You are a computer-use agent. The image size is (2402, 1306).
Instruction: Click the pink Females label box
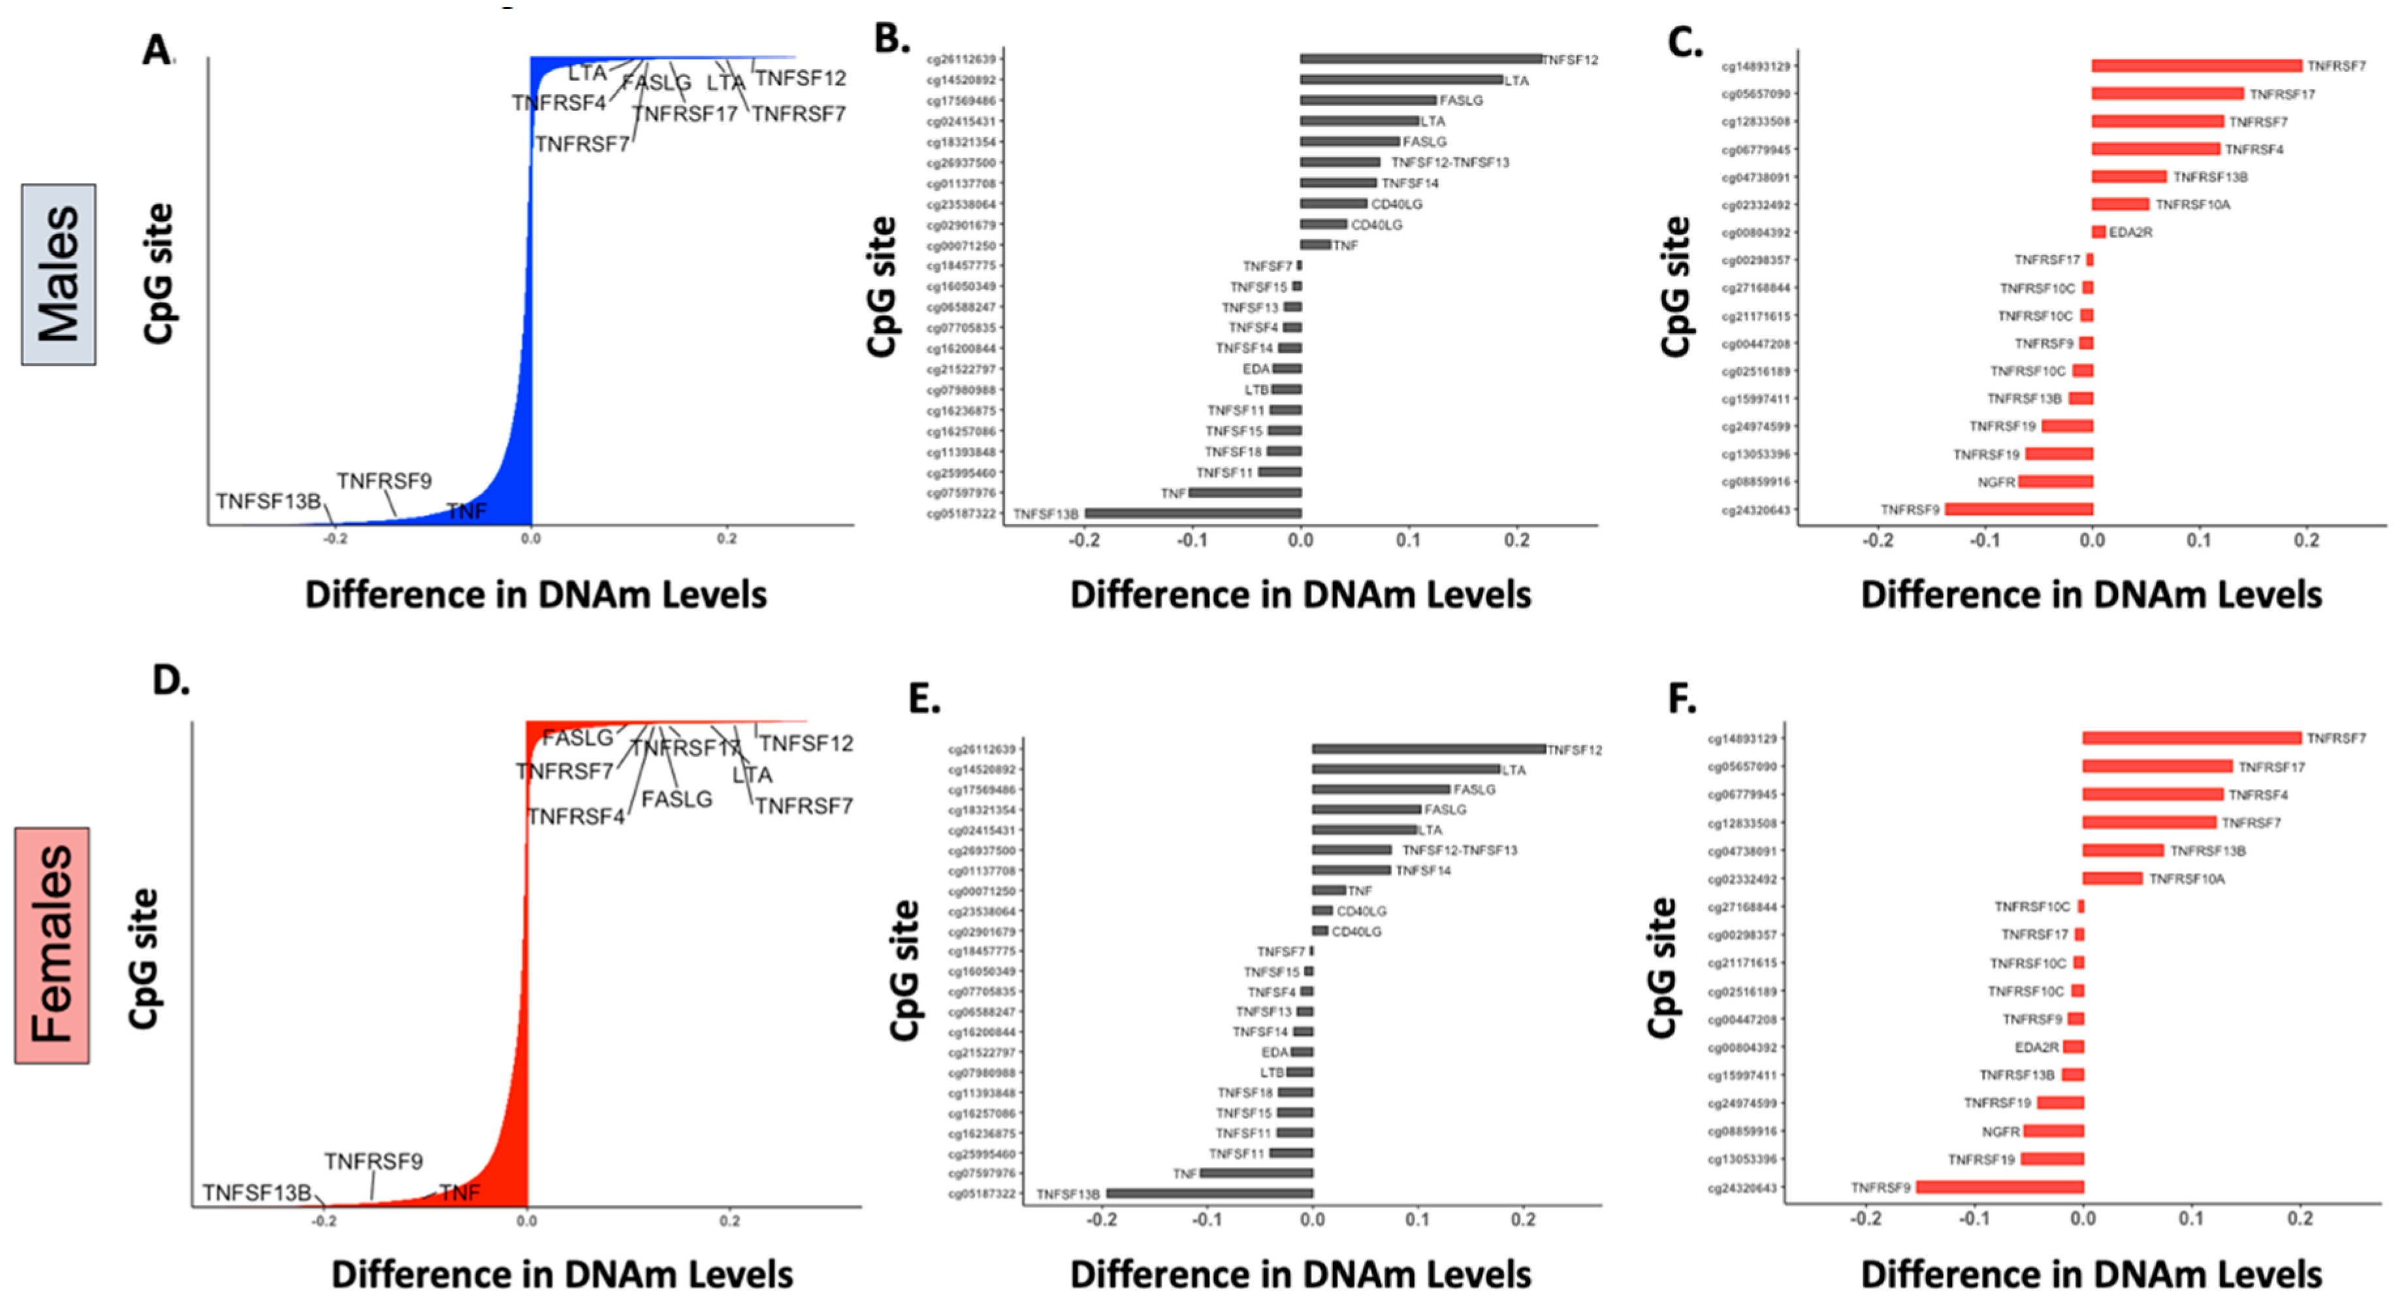point(52,944)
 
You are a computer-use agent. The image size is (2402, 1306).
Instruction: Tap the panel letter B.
point(891,39)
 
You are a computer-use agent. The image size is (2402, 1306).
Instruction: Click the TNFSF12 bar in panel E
point(1428,749)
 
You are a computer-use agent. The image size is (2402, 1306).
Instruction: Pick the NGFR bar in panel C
point(2055,482)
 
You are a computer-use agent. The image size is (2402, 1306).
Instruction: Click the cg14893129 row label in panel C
point(1755,66)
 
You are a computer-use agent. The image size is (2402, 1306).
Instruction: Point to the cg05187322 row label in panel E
point(981,1194)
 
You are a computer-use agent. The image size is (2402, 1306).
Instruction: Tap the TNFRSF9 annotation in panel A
point(383,482)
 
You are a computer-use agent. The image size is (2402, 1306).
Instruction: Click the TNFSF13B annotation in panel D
point(257,1193)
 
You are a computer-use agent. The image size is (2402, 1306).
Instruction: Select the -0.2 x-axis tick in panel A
point(335,539)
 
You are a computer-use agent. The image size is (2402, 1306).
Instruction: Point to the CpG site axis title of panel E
point(904,970)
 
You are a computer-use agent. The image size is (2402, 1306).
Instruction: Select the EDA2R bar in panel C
point(2098,233)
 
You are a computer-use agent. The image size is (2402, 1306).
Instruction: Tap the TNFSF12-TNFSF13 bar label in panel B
point(1449,162)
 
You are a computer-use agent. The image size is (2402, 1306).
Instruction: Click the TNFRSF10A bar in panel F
point(2112,879)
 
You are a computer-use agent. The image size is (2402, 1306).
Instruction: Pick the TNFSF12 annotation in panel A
point(800,78)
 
